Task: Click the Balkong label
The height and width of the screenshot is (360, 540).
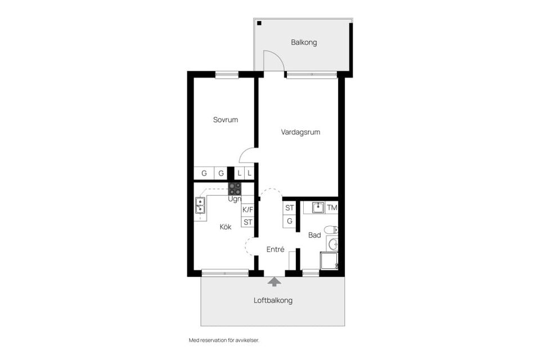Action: tap(304, 42)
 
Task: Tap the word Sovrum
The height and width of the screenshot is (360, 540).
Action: tap(225, 120)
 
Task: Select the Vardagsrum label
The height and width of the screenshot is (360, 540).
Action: tap(300, 132)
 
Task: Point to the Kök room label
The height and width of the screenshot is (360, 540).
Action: tap(226, 227)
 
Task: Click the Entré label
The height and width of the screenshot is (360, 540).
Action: tap(275, 249)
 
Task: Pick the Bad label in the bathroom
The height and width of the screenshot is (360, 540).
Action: tap(314, 235)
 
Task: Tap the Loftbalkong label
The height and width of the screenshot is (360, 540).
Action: tap(273, 300)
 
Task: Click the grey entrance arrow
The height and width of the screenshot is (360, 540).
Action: tap(274, 281)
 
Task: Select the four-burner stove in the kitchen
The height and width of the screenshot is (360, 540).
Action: tap(235, 188)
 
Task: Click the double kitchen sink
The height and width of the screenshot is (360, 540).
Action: tap(199, 206)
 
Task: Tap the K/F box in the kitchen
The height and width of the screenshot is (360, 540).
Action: tap(247, 210)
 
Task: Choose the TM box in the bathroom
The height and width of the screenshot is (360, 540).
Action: tap(332, 208)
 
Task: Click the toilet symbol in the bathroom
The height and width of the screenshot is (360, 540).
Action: tap(333, 229)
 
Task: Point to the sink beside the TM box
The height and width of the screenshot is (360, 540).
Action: tap(318, 208)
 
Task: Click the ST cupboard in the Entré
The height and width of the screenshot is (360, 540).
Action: tap(290, 208)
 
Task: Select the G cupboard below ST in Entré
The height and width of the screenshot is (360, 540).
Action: tap(290, 221)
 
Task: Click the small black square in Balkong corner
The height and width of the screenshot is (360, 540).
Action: tap(260, 23)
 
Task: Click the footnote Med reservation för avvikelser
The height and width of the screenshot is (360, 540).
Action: tap(224, 340)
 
